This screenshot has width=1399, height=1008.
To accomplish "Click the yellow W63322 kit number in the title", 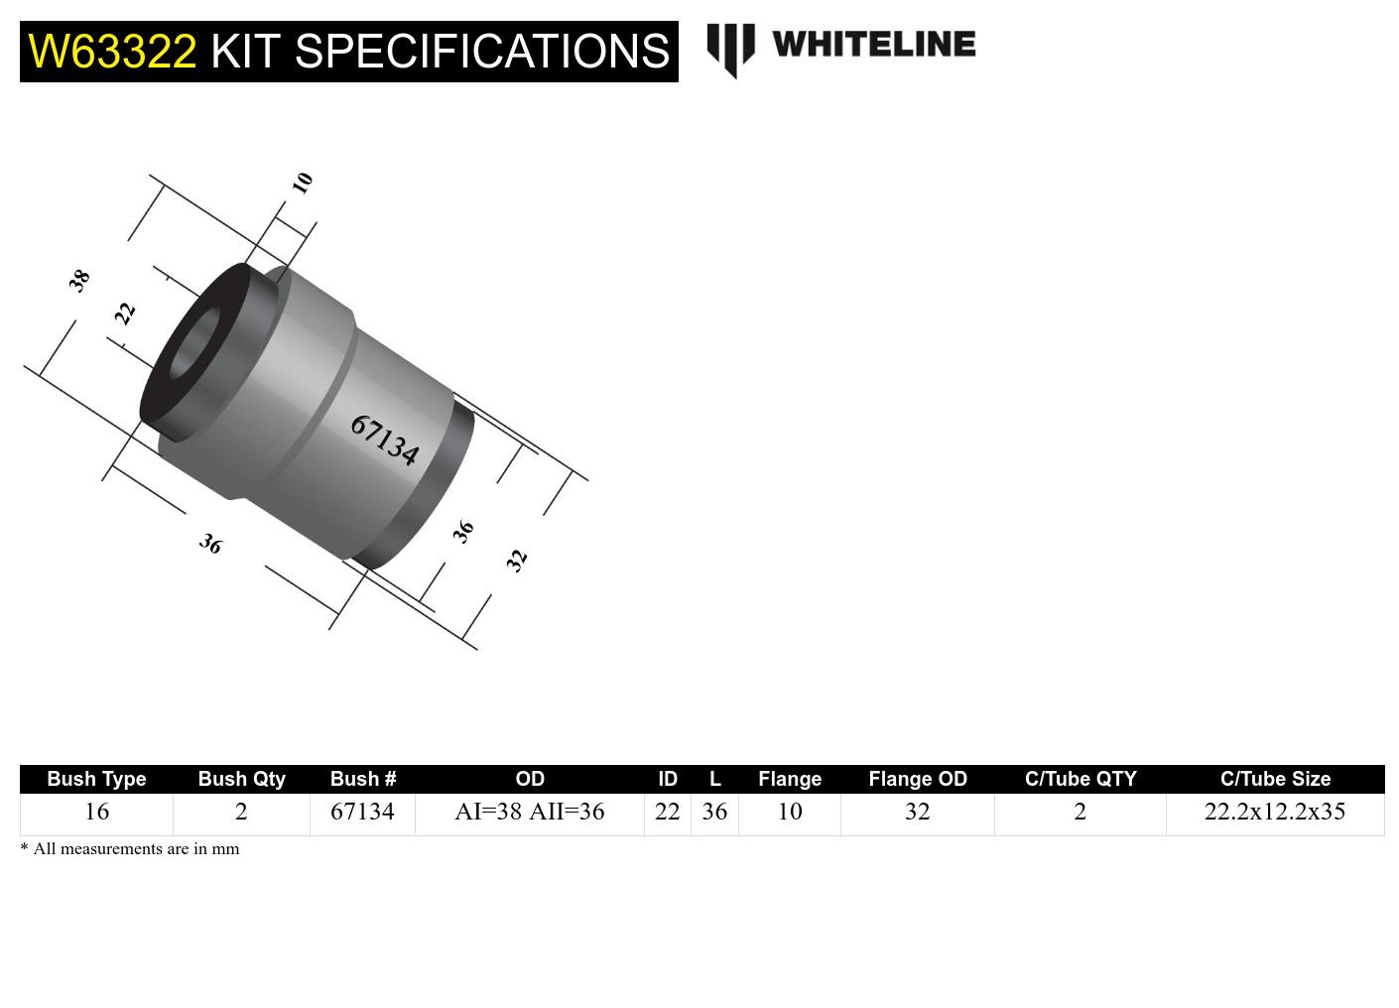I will click(112, 51).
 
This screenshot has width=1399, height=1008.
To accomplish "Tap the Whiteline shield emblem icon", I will click(730, 49).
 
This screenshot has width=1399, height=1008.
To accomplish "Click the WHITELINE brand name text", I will click(873, 44).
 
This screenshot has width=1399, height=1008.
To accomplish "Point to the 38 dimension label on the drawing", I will click(79, 280).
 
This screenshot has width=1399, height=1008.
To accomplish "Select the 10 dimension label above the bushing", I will click(303, 183).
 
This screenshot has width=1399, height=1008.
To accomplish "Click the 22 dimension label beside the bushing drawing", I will click(125, 314).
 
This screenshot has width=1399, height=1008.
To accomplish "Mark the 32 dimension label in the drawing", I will click(516, 560).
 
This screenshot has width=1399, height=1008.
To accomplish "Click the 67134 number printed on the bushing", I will click(384, 440).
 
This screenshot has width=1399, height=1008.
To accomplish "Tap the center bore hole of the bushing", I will click(195, 344).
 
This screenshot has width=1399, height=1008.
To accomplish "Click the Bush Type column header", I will click(96, 779).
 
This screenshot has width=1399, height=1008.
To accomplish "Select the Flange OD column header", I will click(917, 779).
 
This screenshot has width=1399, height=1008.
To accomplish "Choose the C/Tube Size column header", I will click(1275, 779).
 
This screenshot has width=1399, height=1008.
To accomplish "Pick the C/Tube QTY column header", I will click(1080, 779).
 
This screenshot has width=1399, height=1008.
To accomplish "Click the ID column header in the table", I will click(668, 779).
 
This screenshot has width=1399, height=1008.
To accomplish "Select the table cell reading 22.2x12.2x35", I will click(1275, 812).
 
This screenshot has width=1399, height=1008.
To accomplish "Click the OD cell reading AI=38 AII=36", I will click(529, 812).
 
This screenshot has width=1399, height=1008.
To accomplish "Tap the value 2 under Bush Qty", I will click(241, 812).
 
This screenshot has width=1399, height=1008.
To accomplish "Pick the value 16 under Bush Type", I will click(96, 812).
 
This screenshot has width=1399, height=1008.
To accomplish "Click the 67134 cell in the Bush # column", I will click(362, 812).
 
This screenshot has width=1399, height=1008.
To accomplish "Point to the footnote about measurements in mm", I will click(130, 848).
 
